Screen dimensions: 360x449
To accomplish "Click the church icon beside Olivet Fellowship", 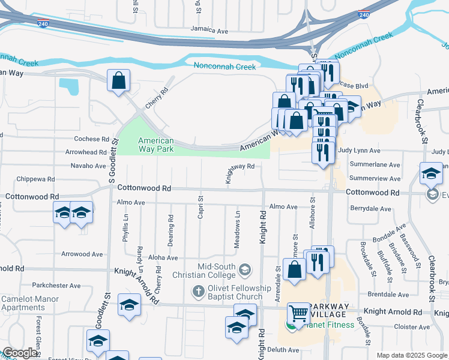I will (x=199, y=292).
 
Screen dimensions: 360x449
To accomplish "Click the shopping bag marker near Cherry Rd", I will (x=119, y=80).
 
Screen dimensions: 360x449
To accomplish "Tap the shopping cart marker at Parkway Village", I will (x=298, y=313).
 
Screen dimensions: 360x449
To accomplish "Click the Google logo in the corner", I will (x=20, y=353).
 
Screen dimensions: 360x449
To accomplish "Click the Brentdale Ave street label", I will (x=388, y=295).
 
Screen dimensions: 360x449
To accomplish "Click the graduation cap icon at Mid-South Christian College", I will (x=244, y=271).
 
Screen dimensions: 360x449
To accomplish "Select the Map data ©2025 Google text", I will (x=411, y=355).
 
